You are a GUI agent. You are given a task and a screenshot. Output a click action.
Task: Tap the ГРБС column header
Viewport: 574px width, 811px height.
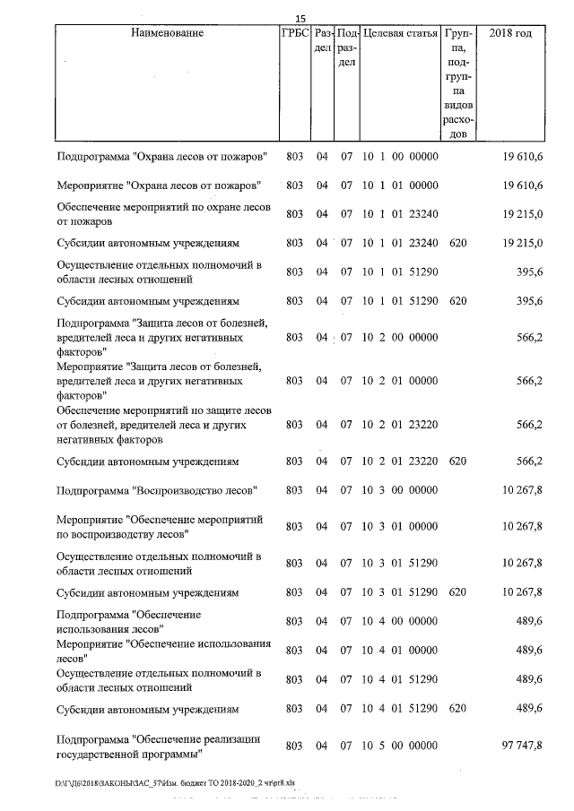294,33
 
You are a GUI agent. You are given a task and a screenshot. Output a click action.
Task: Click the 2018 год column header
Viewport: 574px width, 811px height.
510,33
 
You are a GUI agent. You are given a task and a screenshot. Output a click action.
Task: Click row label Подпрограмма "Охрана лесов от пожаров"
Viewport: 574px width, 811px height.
161,157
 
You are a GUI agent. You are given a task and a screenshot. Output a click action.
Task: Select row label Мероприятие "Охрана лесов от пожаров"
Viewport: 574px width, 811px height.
158,185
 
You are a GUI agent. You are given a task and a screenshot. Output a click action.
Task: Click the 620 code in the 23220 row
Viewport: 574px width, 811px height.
457,461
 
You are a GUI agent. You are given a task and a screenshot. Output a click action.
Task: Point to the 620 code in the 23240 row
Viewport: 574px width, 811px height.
457,243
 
